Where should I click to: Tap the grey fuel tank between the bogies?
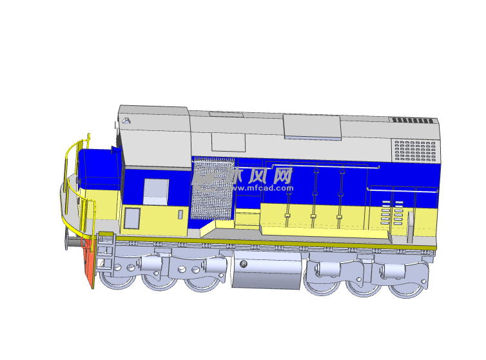tap(267, 270)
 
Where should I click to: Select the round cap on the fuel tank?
tap(244, 264)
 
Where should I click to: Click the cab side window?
tap(156, 192)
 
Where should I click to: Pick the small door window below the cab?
tap(132, 218)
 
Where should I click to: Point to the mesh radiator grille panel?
tap(213, 188)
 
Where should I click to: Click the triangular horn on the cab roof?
tap(126, 121)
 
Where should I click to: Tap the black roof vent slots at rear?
tap(413, 120)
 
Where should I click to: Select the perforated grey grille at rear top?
tap(415, 151)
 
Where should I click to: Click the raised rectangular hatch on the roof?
tap(313, 127)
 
